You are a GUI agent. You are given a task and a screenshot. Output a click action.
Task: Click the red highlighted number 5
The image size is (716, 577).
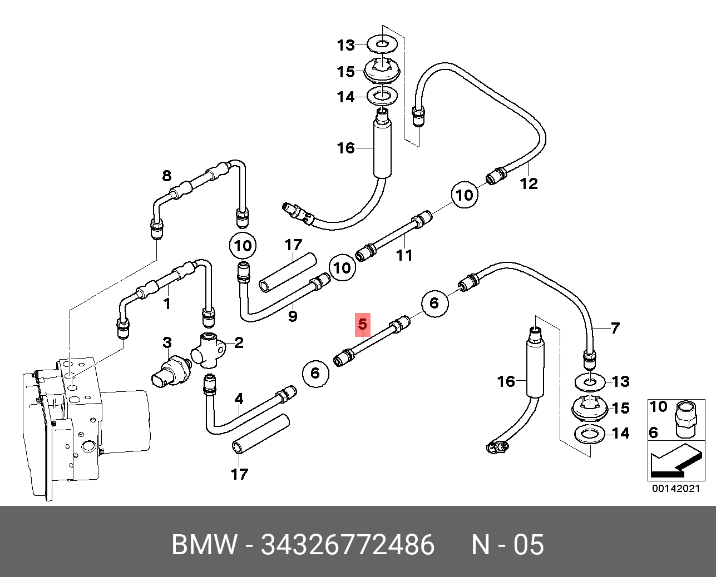(x=363, y=324)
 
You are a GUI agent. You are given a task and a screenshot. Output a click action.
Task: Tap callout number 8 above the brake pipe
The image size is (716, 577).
(x=166, y=176)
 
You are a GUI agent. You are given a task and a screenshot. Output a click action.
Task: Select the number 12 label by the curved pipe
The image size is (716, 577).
(x=529, y=183)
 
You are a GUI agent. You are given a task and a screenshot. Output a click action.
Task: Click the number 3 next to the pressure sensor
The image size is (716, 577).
(x=167, y=343)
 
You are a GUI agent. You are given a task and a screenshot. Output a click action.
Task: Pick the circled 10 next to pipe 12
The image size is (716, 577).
(x=465, y=195)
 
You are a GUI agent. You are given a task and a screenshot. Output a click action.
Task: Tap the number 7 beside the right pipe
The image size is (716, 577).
(x=614, y=328)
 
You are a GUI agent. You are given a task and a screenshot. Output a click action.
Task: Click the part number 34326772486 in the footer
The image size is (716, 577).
(x=348, y=544)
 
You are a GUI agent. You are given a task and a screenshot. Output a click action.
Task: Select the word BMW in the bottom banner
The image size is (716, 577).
(x=205, y=544)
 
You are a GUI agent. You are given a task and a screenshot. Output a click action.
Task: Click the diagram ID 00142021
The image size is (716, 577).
(x=675, y=489)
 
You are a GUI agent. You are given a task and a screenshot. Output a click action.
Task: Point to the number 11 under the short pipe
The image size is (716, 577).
(x=404, y=255)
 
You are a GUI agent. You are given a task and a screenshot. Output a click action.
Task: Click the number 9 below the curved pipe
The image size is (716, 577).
(x=292, y=316)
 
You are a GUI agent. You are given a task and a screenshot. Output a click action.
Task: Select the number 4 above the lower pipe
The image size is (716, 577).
(x=239, y=399)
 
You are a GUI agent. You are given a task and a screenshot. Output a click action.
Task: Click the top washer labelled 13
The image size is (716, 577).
(x=383, y=42)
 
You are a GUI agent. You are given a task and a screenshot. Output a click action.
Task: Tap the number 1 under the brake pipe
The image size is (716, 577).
(x=166, y=304)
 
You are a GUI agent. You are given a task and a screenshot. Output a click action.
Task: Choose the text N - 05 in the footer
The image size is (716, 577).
(x=507, y=544)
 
